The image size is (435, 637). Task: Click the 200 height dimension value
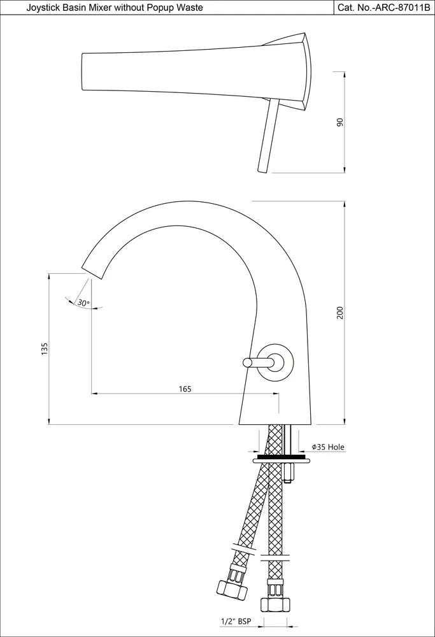[340, 312]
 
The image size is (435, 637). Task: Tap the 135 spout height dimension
[45, 348]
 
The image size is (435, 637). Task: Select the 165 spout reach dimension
[185, 389]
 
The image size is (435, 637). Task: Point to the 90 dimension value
[340, 122]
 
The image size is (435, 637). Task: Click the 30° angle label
[83, 303]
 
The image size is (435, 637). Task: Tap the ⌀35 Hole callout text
[328, 447]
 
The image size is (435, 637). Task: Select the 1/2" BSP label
[236, 621]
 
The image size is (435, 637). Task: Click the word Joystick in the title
[41, 8]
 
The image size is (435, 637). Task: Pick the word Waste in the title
[192, 7]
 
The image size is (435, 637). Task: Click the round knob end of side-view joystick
[247, 362]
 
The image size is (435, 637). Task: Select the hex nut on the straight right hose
[276, 605]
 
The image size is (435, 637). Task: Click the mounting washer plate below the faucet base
[280, 460]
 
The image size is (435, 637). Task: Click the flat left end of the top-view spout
[83, 71]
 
